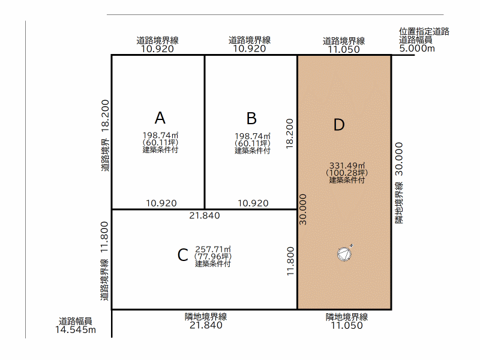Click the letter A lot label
click(160, 118)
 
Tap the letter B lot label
click(251, 118)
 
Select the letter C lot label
click(183, 255)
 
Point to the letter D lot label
click(339, 125)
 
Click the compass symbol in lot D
click(344, 253)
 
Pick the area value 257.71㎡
click(213, 249)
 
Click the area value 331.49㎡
click(347, 166)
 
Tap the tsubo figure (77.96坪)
click(213, 257)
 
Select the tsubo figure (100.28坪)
click(347, 173)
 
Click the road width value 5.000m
click(417, 49)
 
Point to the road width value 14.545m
click(76, 329)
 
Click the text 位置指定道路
click(424, 32)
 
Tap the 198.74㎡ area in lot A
click(160, 136)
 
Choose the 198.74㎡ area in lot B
click(253, 136)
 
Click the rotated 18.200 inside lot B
click(290, 134)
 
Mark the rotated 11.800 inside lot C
click(290, 261)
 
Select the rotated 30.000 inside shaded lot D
click(303, 209)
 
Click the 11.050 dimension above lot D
click(344, 49)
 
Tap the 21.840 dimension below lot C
click(206, 325)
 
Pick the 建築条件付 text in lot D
click(347, 180)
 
